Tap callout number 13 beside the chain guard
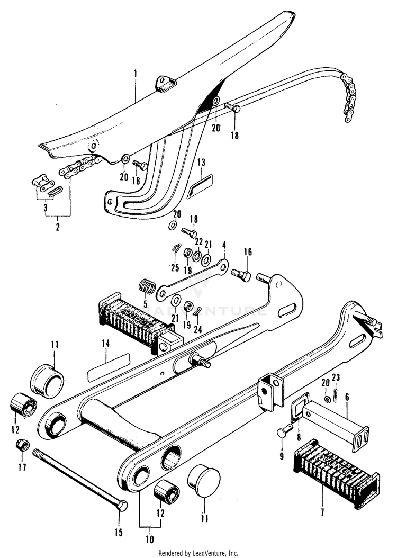coord(201,161)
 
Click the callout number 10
coord(149,540)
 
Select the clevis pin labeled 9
coord(282,433)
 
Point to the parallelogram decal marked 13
coord(201,185)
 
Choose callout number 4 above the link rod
coord(224,246)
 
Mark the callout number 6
coord(347,396)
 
